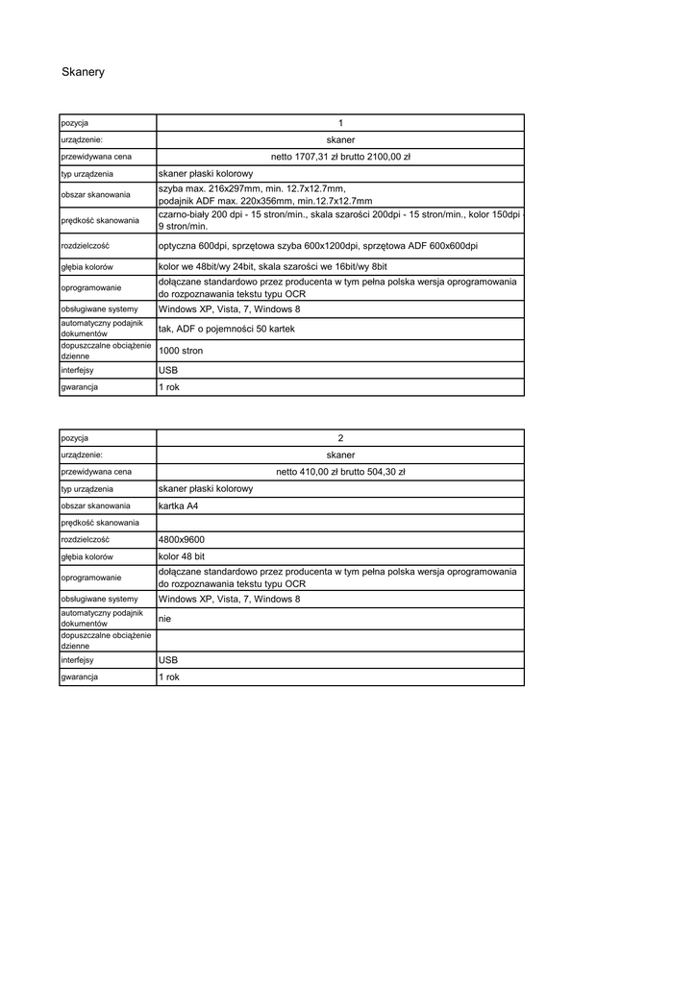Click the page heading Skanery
click(83, 72)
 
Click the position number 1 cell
click(340, 122)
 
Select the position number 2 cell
click(340, 438)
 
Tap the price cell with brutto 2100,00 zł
click(340, 156)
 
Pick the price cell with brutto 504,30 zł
click(340, 472)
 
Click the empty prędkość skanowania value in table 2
click(340, 522)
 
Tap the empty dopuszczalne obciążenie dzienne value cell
click(340, 641)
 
